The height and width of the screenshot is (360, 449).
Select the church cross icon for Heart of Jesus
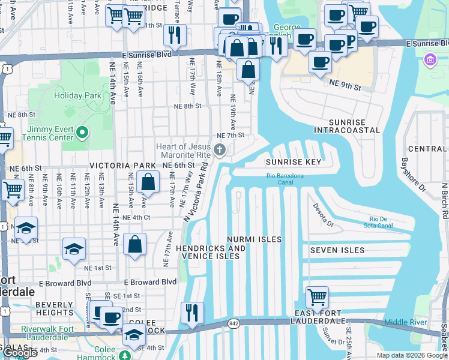220,149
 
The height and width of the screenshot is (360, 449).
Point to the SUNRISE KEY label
294,162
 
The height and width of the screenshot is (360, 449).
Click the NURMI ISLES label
254,239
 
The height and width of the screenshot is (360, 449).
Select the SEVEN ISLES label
337,250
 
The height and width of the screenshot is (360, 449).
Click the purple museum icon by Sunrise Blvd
429,59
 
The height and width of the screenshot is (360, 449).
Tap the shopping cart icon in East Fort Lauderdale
316,296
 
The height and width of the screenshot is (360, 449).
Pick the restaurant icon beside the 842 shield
192,312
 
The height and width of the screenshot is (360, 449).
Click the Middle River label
405,323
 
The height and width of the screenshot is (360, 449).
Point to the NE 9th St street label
345,88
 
